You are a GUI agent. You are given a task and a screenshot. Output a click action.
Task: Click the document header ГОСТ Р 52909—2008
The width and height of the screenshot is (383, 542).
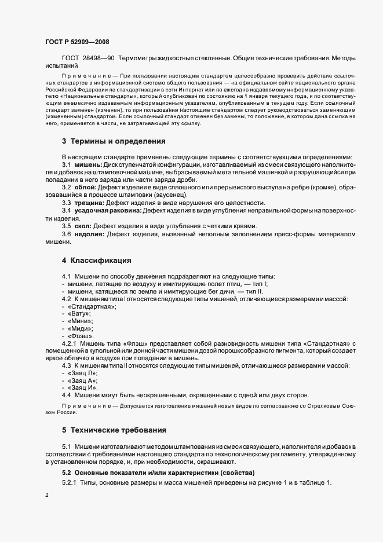click(76, 41)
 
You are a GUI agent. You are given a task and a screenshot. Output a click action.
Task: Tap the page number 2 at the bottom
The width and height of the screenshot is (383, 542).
click(46, 496)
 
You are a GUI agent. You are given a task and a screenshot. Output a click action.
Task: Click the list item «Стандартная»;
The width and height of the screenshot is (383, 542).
click(92, 306)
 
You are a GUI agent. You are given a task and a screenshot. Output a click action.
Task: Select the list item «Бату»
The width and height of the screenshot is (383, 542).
click(79, 313)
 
